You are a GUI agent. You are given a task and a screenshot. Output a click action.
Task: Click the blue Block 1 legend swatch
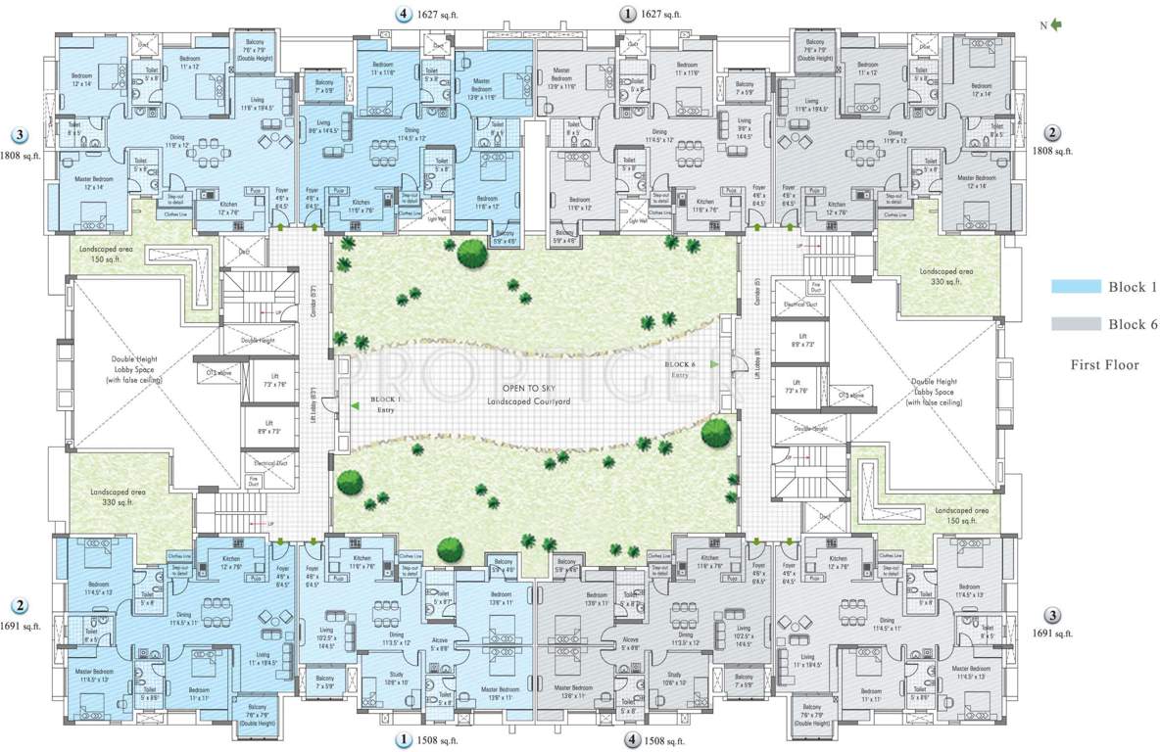[1075, 287]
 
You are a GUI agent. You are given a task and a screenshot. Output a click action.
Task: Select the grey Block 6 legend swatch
[1075, 324]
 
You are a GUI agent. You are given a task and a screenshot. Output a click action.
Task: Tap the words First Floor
[1106, 364]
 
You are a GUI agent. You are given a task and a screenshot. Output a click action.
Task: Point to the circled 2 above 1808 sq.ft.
[1052, 134]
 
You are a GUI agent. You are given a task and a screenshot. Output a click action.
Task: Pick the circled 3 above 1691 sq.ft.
[1052, 616]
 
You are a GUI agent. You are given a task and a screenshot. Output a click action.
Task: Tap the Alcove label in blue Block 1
[440, 641]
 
